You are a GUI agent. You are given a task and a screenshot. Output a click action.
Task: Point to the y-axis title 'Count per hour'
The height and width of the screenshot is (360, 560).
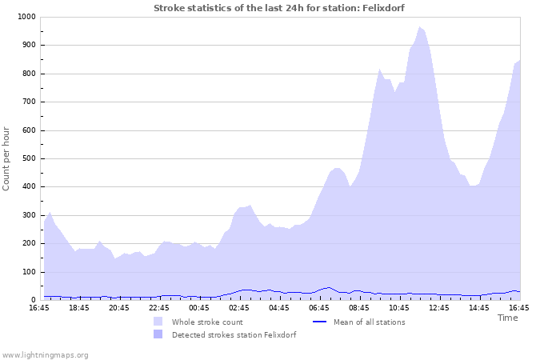tap(7, 158)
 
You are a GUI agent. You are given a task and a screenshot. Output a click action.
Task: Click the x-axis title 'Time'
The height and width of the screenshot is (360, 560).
tap(507, 318)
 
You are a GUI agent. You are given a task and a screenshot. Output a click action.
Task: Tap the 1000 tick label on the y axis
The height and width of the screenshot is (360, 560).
tap(25, 17)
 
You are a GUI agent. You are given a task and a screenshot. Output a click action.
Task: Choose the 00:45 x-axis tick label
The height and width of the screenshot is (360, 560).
tap(199, 307)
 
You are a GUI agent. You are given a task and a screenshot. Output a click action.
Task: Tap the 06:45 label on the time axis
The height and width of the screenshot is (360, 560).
tap(319, 307)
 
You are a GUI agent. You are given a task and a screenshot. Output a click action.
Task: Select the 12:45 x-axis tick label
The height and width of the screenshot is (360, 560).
tap(439, 307)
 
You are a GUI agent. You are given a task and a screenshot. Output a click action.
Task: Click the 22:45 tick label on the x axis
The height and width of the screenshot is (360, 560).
tap(159, 307)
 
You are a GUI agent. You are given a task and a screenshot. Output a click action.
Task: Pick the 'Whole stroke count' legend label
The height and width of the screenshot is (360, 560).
tap(207, 322)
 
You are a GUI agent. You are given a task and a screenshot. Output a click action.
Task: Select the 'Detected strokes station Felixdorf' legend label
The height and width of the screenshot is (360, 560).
tap(234, 334)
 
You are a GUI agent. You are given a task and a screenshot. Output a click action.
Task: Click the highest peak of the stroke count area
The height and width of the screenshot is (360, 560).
tap(418, 27)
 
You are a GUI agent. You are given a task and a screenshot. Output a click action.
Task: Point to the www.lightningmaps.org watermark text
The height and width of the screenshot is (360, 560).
tap(45, 354)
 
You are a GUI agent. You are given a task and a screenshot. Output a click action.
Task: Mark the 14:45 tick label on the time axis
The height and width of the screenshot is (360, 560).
tap(479, 307)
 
